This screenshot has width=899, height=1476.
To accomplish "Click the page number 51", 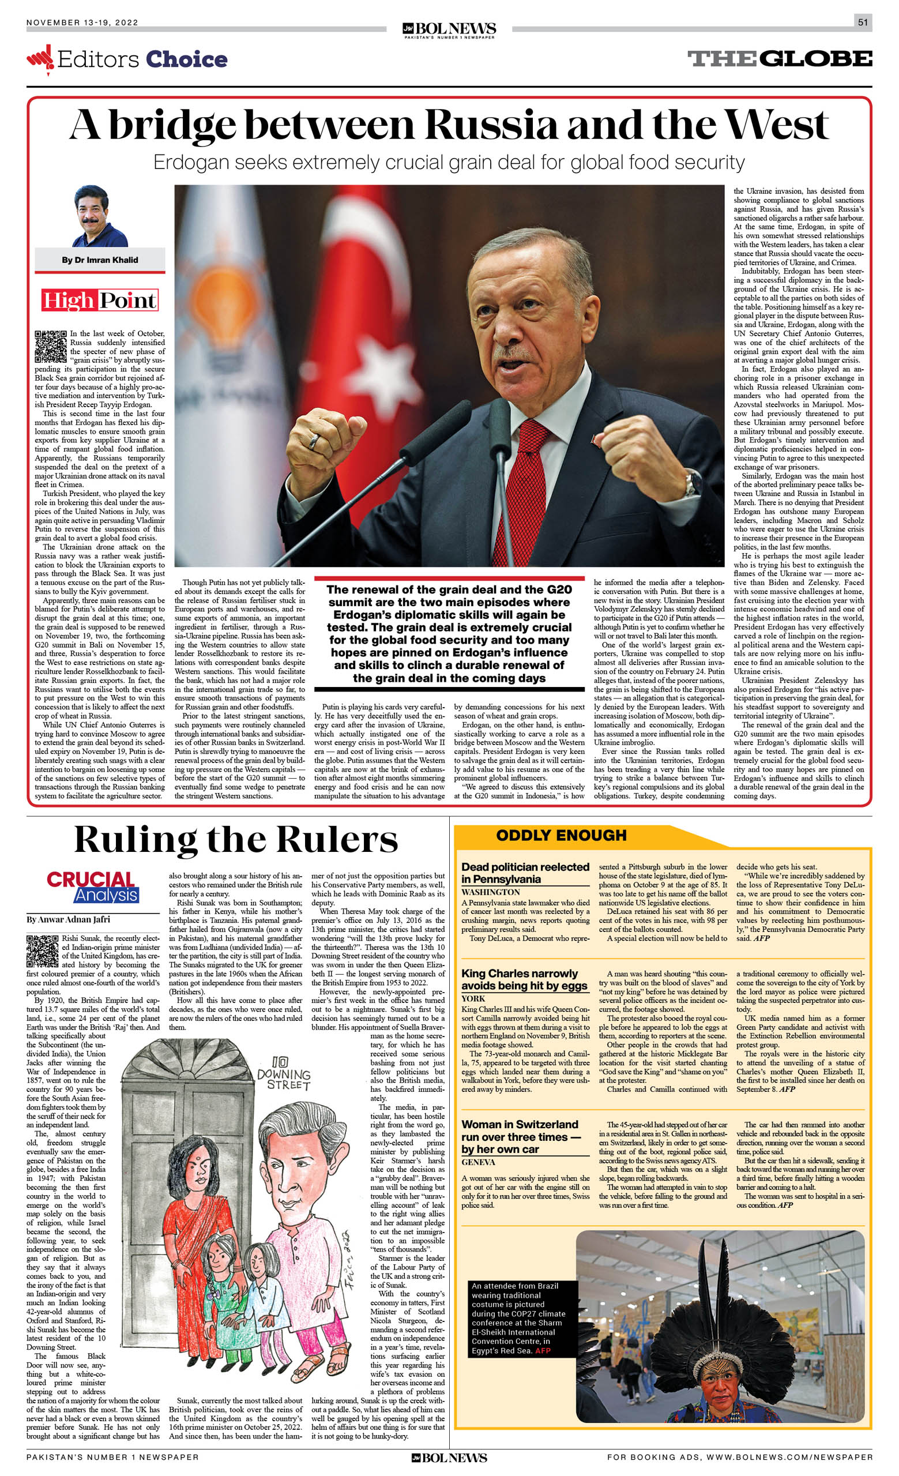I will [x=863, y=22].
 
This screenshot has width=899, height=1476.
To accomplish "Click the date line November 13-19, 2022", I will [x=82, y=22].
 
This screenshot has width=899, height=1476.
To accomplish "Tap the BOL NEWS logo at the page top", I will [x=449, y=29].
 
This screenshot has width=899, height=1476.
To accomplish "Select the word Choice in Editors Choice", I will [x=186, y=59].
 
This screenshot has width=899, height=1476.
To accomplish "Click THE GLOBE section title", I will [x=779, y=59].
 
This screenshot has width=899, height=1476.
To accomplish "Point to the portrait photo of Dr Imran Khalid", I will [x=99, y=216].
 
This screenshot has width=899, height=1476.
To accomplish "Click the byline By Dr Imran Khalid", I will [x=99, y=260].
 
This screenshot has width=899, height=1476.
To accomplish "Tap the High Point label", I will [x=99, y=300].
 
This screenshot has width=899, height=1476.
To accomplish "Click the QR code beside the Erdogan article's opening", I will [x=50, y=346].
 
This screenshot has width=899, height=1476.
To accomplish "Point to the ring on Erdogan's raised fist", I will [x=314, y=441].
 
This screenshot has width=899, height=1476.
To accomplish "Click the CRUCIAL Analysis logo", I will [x=93, y=887].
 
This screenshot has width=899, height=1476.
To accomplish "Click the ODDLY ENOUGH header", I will [x=561, y=835].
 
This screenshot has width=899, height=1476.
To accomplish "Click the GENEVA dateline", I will [x=478, y=1162].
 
